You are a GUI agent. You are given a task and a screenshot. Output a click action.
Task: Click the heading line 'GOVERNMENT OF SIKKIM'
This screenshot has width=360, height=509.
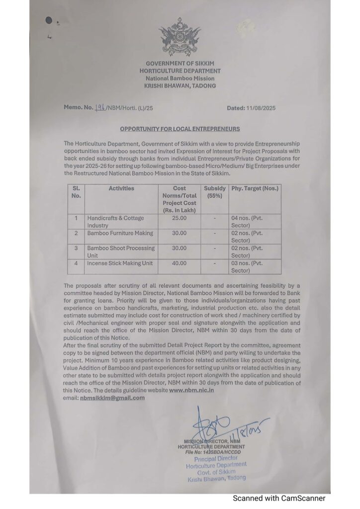click(x=180, y=64)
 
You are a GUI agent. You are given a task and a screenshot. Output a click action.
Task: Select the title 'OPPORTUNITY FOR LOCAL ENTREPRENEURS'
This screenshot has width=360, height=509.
click(x=180, y=129)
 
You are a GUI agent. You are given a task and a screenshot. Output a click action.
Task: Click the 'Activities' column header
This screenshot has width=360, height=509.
click(x=121, y=188)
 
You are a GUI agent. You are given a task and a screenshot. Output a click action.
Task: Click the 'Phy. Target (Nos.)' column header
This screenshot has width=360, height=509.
click(x=255, y=188)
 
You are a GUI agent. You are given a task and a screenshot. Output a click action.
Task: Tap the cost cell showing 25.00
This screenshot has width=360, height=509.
click(x=179, y=218)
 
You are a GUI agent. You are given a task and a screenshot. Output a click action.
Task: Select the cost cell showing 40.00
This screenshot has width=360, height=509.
click(x=179, y=263)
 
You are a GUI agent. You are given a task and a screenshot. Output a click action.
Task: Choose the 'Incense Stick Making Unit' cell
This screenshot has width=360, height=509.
click(x=120, y=263)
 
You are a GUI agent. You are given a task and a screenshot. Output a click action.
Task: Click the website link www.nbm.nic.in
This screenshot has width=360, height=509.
click(x=192, y=391)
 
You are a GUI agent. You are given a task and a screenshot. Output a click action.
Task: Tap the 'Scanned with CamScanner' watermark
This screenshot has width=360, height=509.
click(x=279, y=498)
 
